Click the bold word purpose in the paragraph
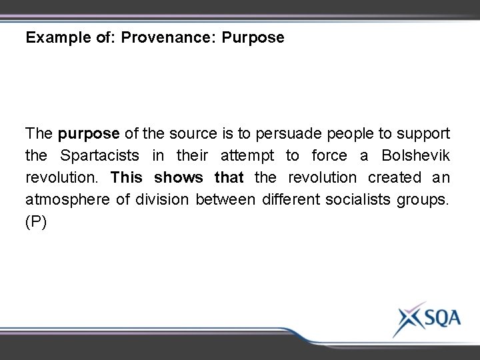coord(89,134)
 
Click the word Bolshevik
coord(416,156)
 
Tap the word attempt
coord(247,156)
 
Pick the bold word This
coord(127,178)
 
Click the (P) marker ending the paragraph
coord(36,223)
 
